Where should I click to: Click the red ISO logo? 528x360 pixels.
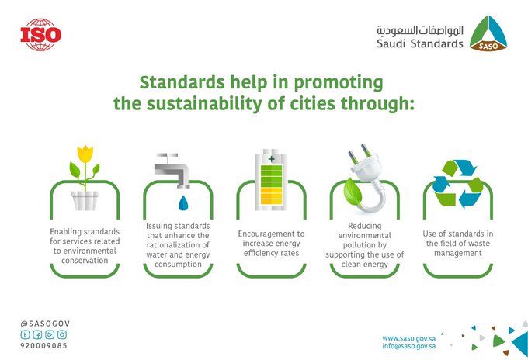(x=40, y=35)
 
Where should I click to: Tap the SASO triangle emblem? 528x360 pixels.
(x=488, y=33)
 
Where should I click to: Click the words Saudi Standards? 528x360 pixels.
(x=419, y=43)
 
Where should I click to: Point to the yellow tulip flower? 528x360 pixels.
(x=85, y=154)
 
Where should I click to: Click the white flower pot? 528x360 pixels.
(x=85, y=201)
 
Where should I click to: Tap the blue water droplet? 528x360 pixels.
(x=183, y=202)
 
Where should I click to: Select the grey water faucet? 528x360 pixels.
(x=172, y=170)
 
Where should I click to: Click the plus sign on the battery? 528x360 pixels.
(x=272, y=158)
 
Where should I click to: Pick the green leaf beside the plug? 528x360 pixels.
(x=353, y=192)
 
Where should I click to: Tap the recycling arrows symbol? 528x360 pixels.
(x=457, y=184)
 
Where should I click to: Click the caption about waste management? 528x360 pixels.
(x=458, y=244)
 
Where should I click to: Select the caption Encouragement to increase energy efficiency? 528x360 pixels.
(x=272, y=244)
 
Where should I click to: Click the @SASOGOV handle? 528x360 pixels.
(x=45, y=324)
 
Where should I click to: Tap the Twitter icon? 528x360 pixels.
(x=26, y=334)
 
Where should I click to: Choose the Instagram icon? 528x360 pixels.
(x=62, y=334)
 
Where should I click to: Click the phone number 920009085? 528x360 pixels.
(x=43, y=345)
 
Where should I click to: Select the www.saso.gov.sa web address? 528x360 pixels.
(x=408, y=338)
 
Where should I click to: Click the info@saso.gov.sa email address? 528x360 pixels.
(x=408, y=346)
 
